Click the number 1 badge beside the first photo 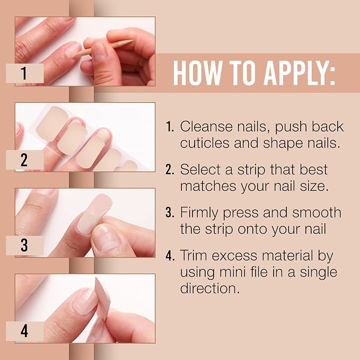25,73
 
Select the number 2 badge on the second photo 25,160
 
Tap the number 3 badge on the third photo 25,245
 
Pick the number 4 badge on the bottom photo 25,331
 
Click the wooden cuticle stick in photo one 104,49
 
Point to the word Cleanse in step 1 206,127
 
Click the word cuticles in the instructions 205,143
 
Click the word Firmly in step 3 199,213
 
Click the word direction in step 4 210,288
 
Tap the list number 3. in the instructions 170,213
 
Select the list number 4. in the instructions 170,256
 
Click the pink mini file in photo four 102,298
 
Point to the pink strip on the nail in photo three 94,214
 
